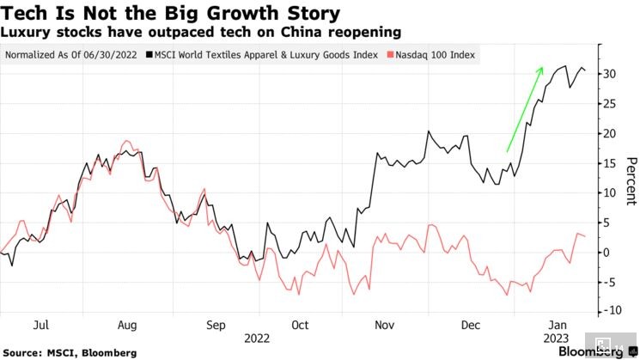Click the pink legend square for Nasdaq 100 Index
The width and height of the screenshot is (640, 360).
coord(391,54)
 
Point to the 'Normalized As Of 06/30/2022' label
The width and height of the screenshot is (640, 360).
coord(73,54)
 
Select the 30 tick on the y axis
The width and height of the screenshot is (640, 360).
coord(609,74)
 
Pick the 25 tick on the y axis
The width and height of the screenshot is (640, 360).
coord(609,104)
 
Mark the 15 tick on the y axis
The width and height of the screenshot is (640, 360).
coord(609,163)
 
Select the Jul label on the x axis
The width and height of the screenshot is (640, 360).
coord(40,326)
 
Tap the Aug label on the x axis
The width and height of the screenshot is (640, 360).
coord(127,326)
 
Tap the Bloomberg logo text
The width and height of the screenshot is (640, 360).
coord(591,351)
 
